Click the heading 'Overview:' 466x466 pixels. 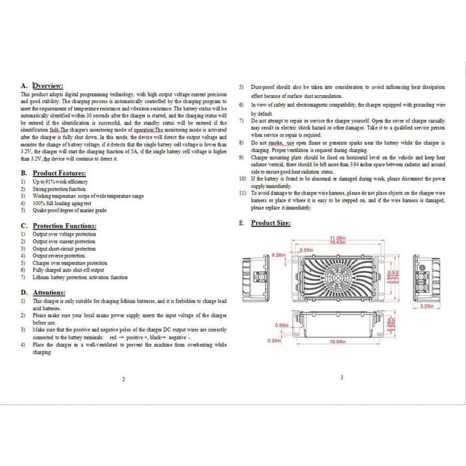pyautogui.click(x=48, y=86)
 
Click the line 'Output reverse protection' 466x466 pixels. pyautogui.click(x=59, y=256)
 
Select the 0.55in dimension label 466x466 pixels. pyautogui.click(x=308, y=249)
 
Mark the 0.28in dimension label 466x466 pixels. pyautogui.click(x=279, y=255)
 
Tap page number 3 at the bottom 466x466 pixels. pyautogui.click(x=341, y=377)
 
